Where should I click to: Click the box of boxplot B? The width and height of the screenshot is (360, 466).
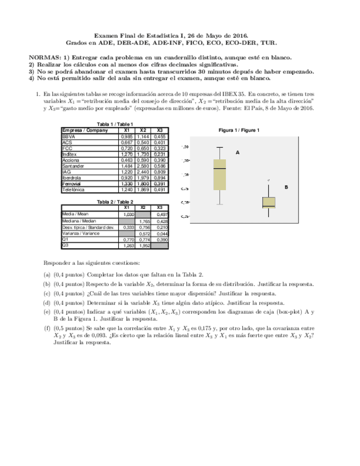point(268,202)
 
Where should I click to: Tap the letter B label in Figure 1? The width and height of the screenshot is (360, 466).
point(286,187)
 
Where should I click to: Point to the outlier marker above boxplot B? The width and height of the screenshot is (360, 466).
point(268,180)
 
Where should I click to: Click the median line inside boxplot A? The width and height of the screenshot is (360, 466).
point(220,168)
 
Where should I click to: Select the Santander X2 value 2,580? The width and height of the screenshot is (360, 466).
point(143,165)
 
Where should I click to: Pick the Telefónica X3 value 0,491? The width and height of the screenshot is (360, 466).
point(160,189)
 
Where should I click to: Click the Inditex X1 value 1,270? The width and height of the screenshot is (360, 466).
point(127,153)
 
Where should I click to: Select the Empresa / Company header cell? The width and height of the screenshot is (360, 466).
point(85,130)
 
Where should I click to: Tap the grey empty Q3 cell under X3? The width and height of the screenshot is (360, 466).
point(160,246)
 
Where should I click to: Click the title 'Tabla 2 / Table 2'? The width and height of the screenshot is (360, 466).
point(115,202)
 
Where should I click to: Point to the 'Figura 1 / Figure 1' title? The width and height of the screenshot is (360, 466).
point(239,130)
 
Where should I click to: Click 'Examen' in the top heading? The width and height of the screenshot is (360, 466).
point(99,34)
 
